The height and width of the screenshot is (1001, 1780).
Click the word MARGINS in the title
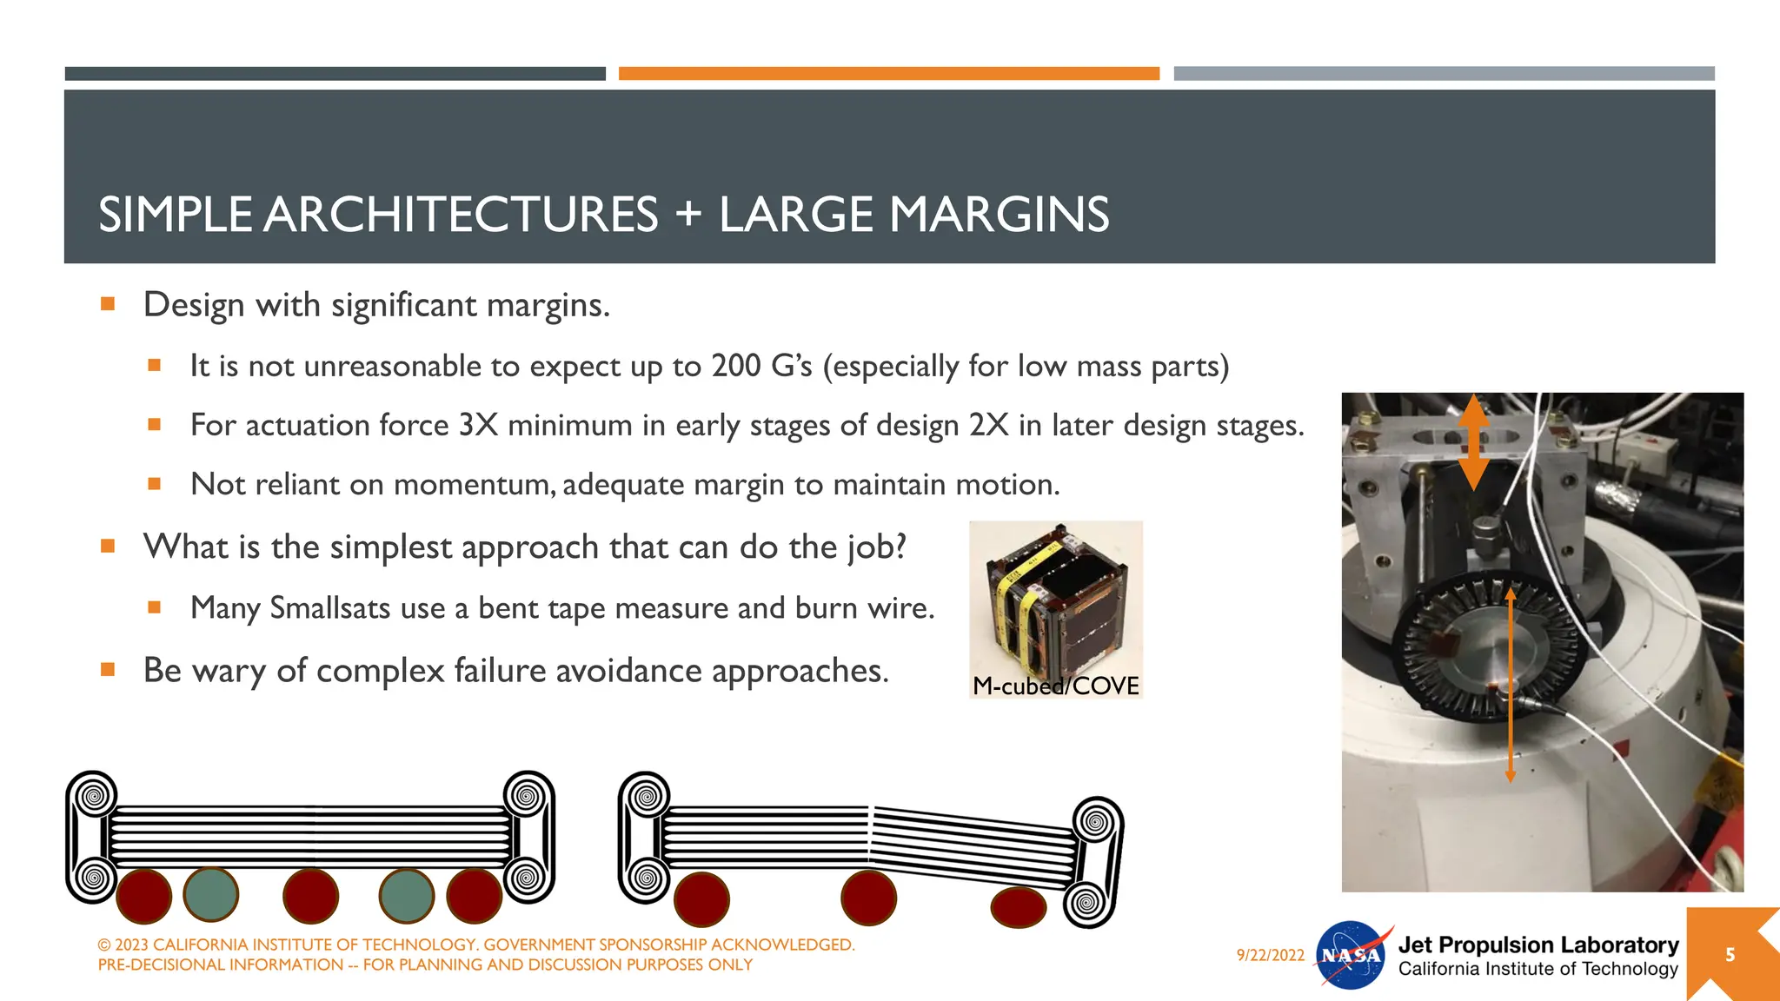tap(999, 215)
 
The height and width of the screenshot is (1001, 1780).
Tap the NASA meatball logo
tap(1351, 956)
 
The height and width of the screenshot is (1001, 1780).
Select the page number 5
tap(1730, 955)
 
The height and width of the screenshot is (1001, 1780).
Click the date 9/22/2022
tap(1270, 955)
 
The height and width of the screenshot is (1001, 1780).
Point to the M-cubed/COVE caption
tap(1055, 686)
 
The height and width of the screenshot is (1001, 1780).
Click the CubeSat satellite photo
tap(1054, 600)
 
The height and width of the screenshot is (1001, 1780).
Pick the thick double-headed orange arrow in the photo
tap(1473, 441)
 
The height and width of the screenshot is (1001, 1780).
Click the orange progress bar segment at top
tap(888, 74)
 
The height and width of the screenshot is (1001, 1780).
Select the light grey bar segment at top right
tap(1444, 74)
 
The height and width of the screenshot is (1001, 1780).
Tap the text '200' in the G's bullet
tap(736, 366)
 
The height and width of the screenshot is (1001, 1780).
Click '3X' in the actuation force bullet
tap(478, 425)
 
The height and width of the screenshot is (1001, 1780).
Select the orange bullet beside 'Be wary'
tap(108, 669)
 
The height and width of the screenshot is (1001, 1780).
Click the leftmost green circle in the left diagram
tap(211, 894)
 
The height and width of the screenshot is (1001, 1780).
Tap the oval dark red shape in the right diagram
tap(1018, 907)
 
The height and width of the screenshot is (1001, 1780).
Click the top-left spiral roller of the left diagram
tap(94, 795)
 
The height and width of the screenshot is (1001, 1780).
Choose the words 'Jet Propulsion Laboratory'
tap(1538, 945)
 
